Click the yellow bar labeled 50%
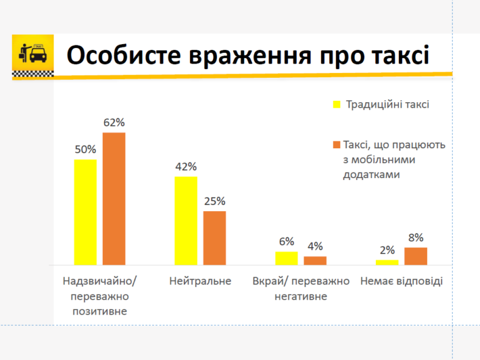(x=85, y=212)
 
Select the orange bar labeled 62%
(x=114, y=199)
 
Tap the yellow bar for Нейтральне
(x=186, y=220)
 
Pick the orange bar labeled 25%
(x=214, y=238)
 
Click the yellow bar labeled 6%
(x=287, y=258)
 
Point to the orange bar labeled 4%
(x=315, y=260)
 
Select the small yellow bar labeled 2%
(x=387, y=262)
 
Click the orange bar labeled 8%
(x=416, y=257)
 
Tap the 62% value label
(x=114, y=122)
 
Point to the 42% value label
(x=186, y=167)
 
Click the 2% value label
(x=387, y=250)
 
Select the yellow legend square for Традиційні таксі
(x=337, y=104)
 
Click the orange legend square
(x=337, y=144)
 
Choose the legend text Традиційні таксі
(x=388, y=105)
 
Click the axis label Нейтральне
(x=200, y=281)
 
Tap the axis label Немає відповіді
(x=401, y=281)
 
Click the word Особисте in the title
(x=123, y=55)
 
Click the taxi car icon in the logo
(x=38, y=54)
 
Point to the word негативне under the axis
(x=301, y=296)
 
